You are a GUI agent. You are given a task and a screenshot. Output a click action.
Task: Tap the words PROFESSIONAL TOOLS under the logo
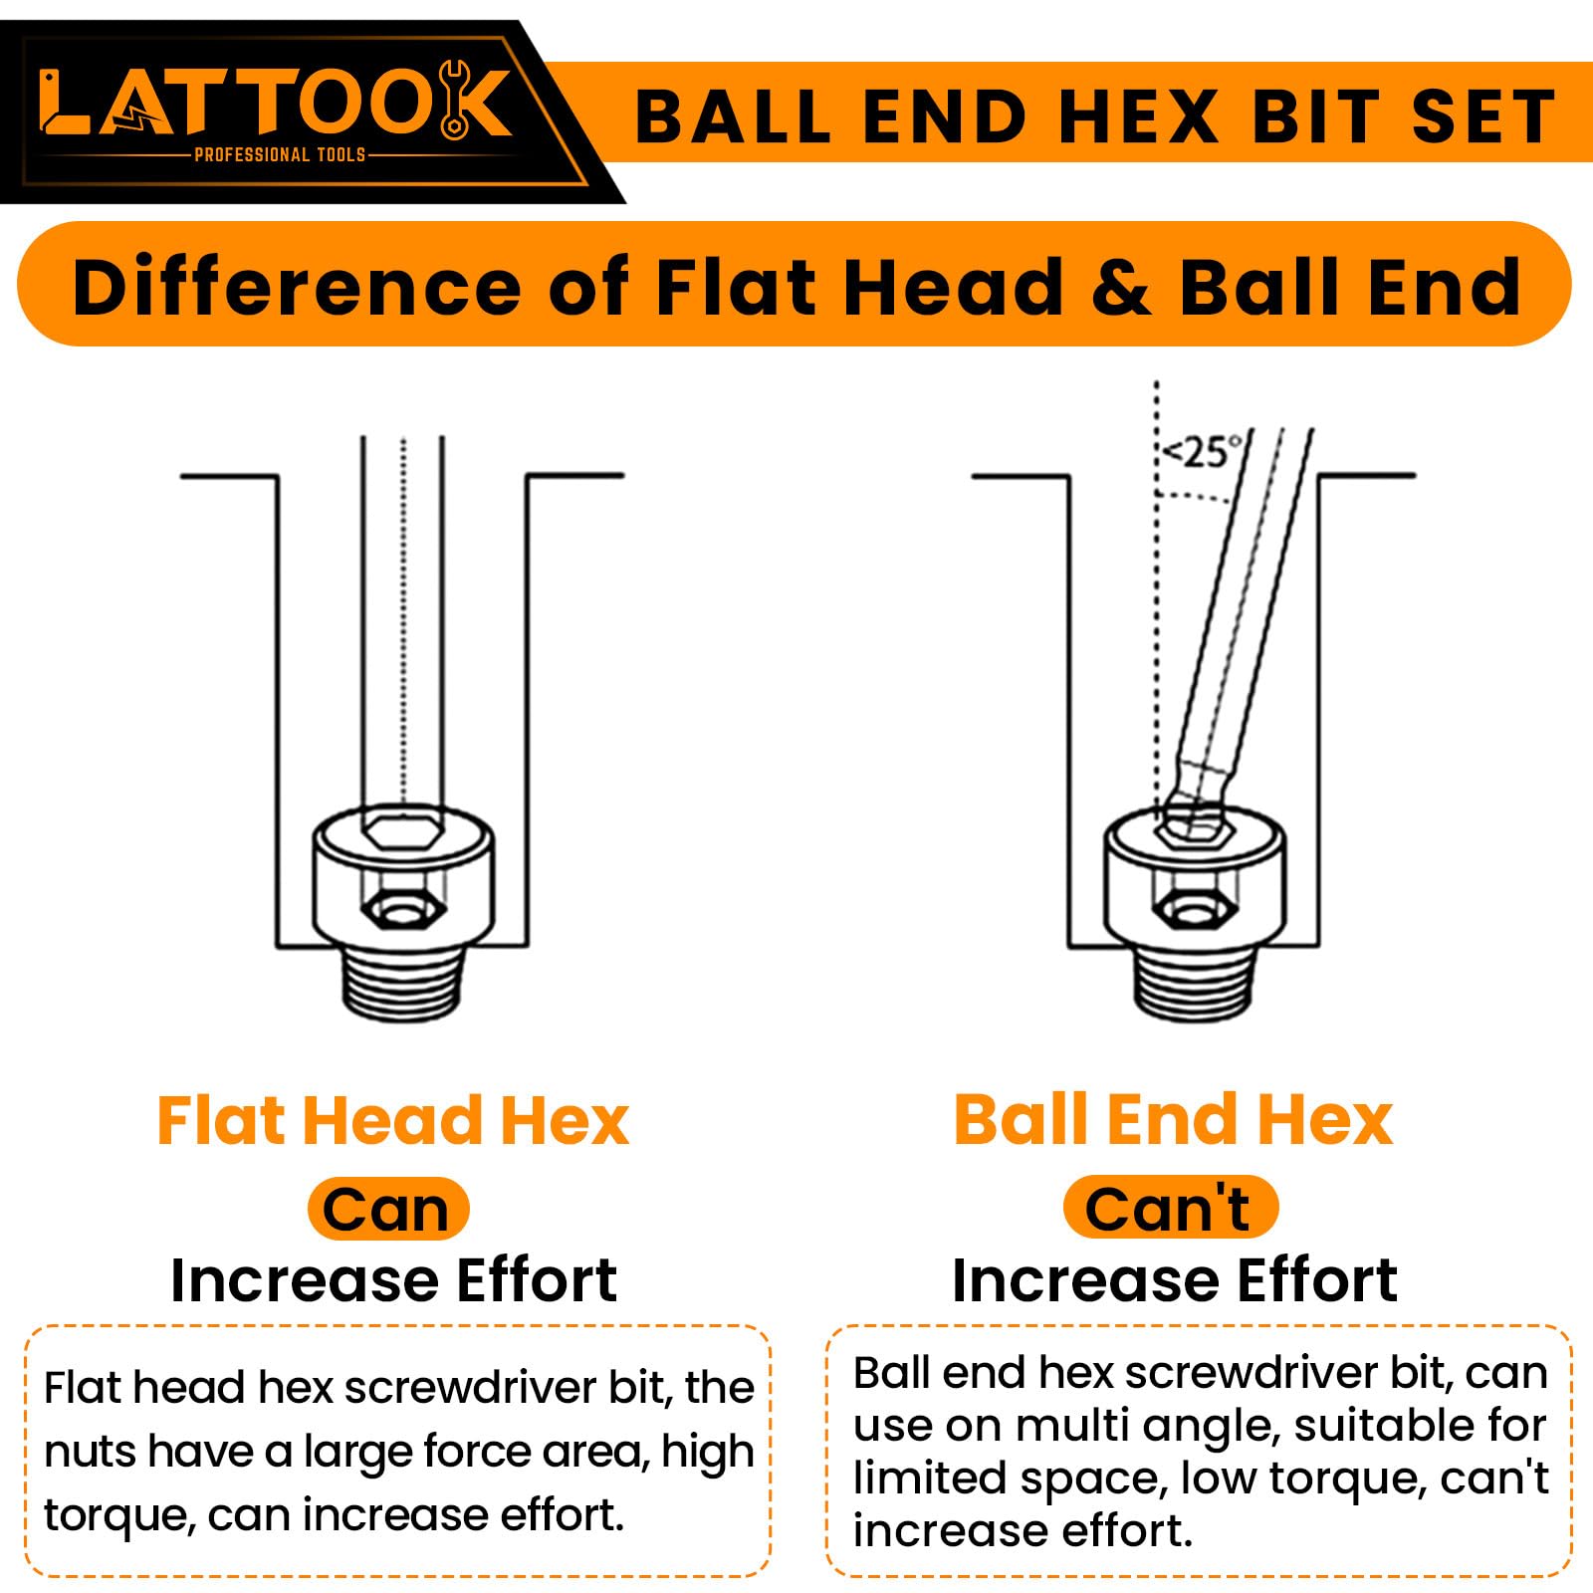click(280, 154)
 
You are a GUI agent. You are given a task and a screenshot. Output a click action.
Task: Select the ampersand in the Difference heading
click(1121, 287)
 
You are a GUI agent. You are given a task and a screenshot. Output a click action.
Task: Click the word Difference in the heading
click(297, 287)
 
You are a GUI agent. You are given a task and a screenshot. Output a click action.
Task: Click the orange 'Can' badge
click(387, 1210)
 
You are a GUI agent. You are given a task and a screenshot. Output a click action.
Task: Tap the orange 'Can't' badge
click(1170, 1208)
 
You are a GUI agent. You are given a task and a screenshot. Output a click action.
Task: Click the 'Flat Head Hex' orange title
click(393, 1121)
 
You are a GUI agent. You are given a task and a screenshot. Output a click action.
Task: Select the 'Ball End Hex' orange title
click(1173, 1120)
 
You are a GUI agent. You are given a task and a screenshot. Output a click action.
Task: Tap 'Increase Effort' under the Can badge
click(393, 1280)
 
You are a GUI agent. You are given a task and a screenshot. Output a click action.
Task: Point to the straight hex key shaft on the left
click(402, 622)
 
